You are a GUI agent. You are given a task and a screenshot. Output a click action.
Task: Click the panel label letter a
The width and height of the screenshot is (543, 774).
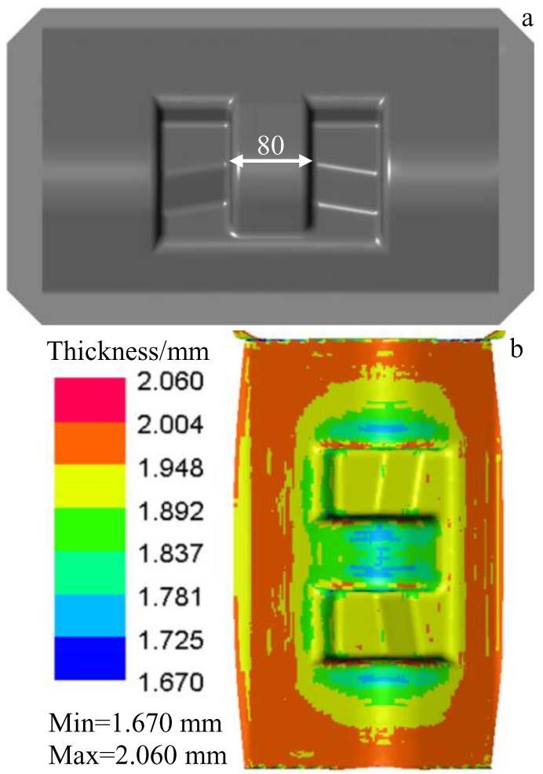pyautogui.click(x=527, y=19)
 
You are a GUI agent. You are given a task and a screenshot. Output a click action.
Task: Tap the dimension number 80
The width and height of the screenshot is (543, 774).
pyautogui.click(x=271, y=145)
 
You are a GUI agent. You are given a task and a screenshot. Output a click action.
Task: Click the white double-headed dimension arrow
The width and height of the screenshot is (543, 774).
pyautogui.click(x=271, y=161)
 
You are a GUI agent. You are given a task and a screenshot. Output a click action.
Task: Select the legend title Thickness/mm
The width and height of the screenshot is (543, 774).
pyautogui.click(x=129, y=351)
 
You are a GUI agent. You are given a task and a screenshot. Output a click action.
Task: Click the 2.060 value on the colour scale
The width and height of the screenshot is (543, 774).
pyautogui.click(x=170, y=382)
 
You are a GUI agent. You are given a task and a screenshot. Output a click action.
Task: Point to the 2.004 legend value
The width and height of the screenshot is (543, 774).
pyautogui.click(x=170, y=424)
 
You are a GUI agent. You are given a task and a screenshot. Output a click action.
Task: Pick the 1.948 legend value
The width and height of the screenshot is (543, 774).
pyautogui.click(x=170, y=468)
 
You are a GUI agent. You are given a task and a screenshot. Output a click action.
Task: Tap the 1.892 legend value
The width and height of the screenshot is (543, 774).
pyautogui.click(x=170, y=511)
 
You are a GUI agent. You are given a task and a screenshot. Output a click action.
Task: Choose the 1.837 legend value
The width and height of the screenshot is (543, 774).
pyautogui.click(x=170, y=554)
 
